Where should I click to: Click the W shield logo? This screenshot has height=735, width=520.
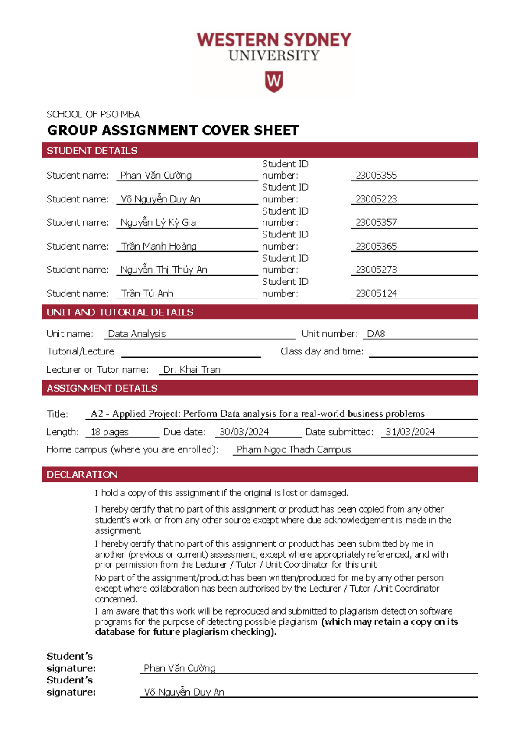pos(273,81)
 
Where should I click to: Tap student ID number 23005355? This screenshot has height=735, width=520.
pos(376,175)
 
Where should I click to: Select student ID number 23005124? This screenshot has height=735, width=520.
pos(376,293)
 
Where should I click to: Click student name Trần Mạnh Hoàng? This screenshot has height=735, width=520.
pos(159,246)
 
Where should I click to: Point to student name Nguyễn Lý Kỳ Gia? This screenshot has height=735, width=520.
pos(158,222)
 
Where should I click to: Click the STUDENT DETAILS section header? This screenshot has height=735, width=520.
pos(92,150)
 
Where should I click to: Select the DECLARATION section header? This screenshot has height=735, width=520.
pos(82,474)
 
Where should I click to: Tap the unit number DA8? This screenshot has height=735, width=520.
pos(376,334)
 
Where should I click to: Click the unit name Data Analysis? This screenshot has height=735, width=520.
pos(136,334)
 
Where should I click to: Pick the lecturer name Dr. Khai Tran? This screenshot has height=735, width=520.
pos(192,370)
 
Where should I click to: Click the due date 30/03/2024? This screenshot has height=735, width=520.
pos(244,432)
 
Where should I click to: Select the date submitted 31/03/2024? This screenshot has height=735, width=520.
pos(410,432)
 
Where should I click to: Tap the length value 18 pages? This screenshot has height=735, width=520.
pos(109,432)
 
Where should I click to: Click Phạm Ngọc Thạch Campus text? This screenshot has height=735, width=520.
pos(294,449)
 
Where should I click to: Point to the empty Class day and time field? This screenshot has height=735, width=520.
pos(423,352)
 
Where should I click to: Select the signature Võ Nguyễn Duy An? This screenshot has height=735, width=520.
pos(184,692)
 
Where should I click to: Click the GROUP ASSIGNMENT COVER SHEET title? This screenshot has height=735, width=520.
pos(173,130)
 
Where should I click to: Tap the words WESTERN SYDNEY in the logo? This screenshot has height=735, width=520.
pos(274,40)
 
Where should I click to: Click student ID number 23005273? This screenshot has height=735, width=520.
pos(376,270)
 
